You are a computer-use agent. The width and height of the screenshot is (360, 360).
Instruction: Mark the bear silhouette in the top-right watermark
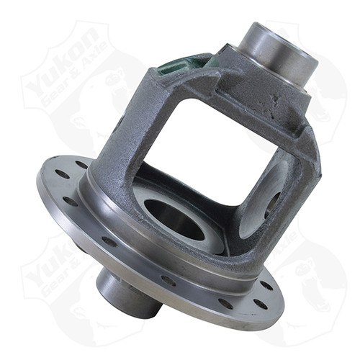coord(320,94)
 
